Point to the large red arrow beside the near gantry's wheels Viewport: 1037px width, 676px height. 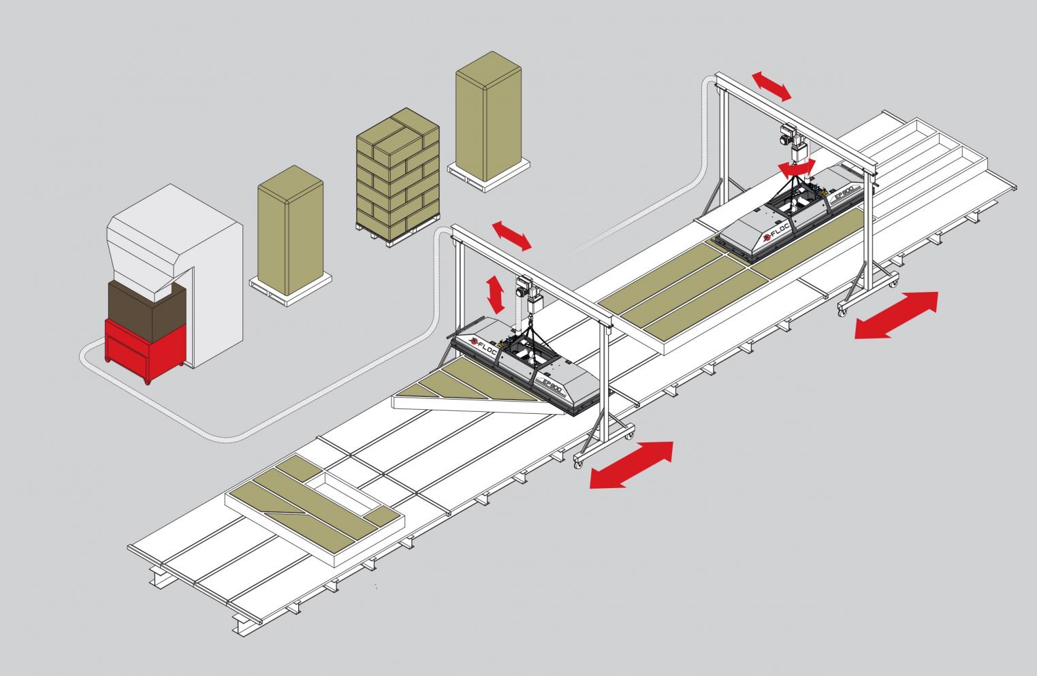(x=631, y=465)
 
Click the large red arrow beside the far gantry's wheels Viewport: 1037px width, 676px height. (x=897, y=315)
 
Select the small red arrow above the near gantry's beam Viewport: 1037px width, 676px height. (x=512, y=235)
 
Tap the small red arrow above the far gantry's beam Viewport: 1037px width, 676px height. (x=771, y=86)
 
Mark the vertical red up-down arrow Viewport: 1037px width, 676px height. (x=496, y=293)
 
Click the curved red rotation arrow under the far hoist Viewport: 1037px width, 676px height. (x=797, y=166)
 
